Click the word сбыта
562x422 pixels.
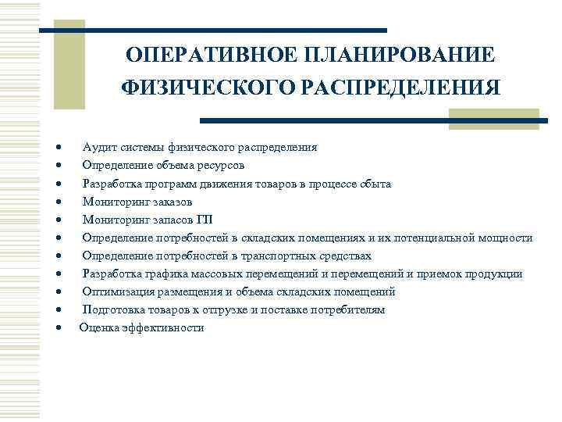(376, 184)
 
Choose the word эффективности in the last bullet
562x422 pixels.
(163, 327)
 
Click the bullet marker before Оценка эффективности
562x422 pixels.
(59, 328)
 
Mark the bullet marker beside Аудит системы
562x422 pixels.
(59, 148)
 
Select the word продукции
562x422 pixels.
(495, 274)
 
